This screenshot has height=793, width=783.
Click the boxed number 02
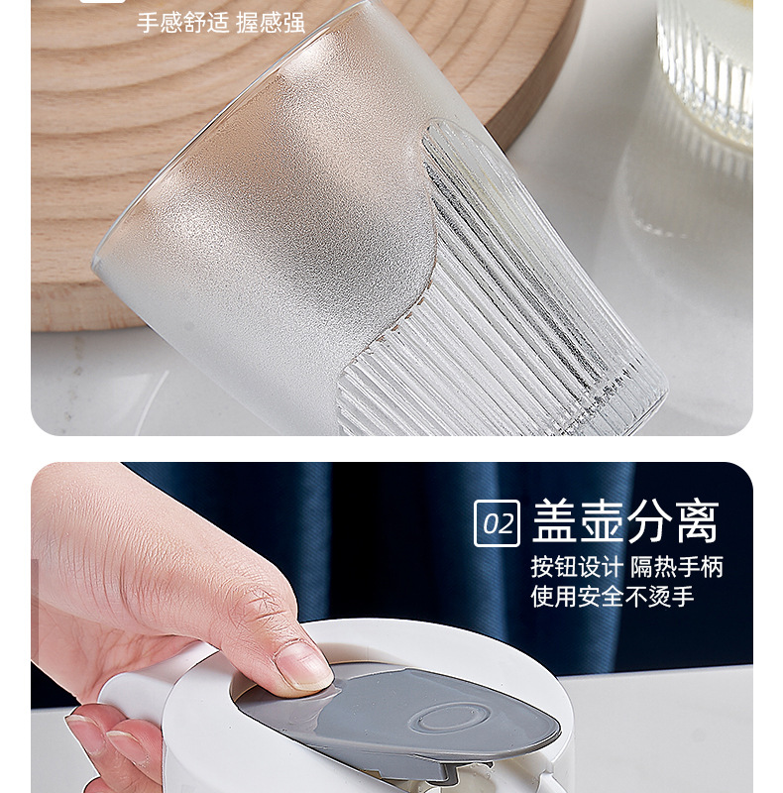point(497,523)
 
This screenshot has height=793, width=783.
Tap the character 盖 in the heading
point(553,521)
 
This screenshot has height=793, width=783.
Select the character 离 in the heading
point(698,521)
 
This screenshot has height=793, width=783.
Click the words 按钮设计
point(576,567)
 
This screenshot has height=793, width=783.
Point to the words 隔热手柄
point(677,567)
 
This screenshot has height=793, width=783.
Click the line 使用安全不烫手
point(613,597)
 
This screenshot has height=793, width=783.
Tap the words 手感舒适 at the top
point(183,23)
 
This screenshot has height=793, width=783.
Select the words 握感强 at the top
point(271,23)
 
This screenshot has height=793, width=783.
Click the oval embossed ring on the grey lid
point(450,718)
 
